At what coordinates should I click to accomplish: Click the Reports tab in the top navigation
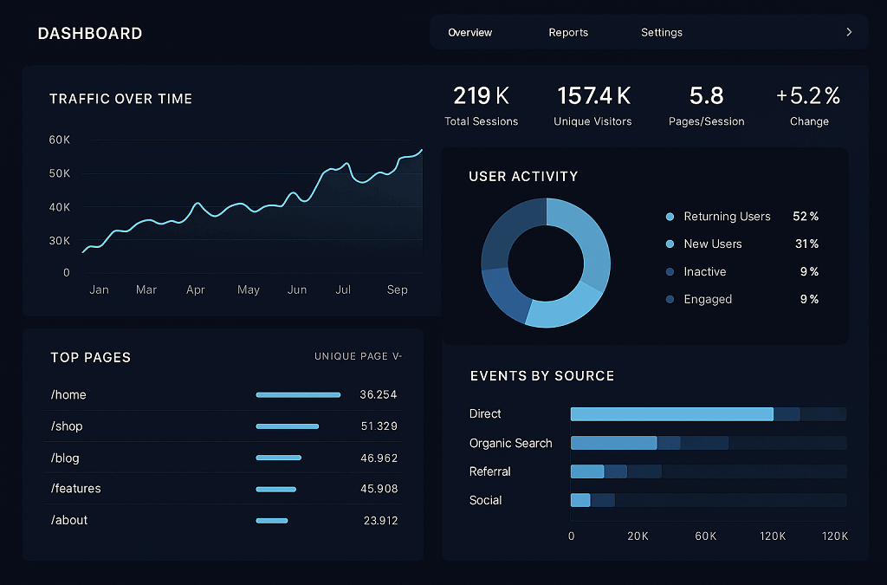pos(568,33)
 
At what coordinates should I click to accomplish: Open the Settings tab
pos(662,33)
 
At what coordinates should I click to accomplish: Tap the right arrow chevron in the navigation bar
pos(849,32)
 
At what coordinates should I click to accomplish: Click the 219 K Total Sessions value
pos(481,95)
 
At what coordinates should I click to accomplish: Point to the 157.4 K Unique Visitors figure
pos(593,95)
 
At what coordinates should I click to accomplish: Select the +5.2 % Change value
pos(808,95)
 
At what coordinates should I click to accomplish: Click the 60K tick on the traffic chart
pos(59,140)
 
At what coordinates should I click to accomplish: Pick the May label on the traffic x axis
pos(249,289)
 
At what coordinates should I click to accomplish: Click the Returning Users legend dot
pos(670,217)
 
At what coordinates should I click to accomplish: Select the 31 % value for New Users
pos(806,244)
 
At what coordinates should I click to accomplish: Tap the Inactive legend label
pos(705,272)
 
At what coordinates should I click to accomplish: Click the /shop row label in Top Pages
pos(67,426)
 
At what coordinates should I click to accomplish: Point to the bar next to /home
pos(298,395)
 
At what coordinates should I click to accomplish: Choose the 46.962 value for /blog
pos(379,458)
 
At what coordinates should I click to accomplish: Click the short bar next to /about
pos(272,521)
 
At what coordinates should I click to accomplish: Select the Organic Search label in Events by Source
pos(510,443)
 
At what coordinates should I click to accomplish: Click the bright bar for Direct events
pos(671,414)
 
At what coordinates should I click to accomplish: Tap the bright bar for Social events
pos(580,500)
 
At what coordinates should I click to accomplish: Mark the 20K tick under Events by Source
pos(638,536)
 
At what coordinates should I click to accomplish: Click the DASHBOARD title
pos(90,34)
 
